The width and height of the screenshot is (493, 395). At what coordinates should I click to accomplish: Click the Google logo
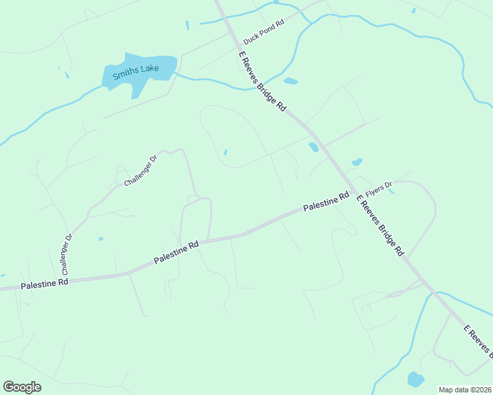coord(22,387)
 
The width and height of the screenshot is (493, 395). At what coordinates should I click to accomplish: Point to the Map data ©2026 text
coord(465,390)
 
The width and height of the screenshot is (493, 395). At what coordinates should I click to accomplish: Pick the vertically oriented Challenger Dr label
coord(67,254)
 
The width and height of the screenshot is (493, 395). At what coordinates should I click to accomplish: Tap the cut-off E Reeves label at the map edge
coord(478,341)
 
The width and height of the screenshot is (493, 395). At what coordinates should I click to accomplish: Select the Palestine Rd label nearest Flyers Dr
coord(326,202)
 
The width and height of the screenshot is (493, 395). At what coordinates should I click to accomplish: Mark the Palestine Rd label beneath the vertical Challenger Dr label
coord(45,283)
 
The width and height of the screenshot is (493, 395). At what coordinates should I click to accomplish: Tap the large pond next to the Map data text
coord(415,379)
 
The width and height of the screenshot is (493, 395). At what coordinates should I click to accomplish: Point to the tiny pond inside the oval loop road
coord(225,152)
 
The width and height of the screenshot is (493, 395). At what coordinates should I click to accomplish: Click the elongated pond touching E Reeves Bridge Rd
coord(314,147)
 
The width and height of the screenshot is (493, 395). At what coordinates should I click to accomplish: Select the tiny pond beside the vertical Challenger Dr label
coord(100,238)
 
